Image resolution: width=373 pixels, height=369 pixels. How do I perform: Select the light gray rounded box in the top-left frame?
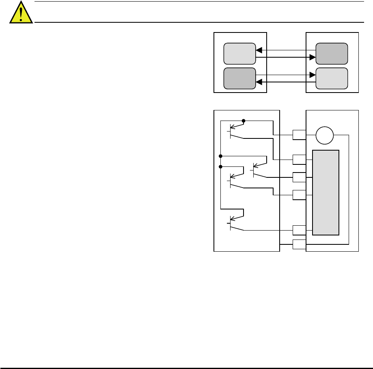pos(240,53)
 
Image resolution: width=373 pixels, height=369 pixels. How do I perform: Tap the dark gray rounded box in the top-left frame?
pos(240,78)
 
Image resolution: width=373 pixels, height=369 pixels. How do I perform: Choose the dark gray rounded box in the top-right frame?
pos(332,53)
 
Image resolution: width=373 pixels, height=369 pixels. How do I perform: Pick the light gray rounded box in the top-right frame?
pos(332,78)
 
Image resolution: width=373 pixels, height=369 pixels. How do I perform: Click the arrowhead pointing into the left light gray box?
pos(259,50)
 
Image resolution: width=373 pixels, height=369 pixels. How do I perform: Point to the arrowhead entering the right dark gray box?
pos(313,58)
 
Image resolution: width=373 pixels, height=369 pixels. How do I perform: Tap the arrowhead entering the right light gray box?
pos(313,75)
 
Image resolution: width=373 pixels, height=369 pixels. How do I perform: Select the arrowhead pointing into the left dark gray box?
pos(259,82)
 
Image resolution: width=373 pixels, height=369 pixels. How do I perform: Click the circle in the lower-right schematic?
pos(324,136)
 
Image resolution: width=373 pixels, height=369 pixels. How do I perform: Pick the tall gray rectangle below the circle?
pos(326,192)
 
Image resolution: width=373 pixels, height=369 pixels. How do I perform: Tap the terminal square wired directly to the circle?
pos(299,134)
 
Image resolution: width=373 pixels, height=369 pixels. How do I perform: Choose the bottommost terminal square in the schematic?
pos(299,244)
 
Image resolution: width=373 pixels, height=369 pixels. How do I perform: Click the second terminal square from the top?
pos(299,160)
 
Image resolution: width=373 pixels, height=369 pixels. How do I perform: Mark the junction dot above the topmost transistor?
pos(244,121)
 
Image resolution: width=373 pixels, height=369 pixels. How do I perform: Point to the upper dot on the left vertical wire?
pos(220,156)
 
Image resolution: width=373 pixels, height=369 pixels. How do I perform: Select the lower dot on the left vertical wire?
pos(220,166)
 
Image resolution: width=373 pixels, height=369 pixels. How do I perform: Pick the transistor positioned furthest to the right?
pos(256,169)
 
